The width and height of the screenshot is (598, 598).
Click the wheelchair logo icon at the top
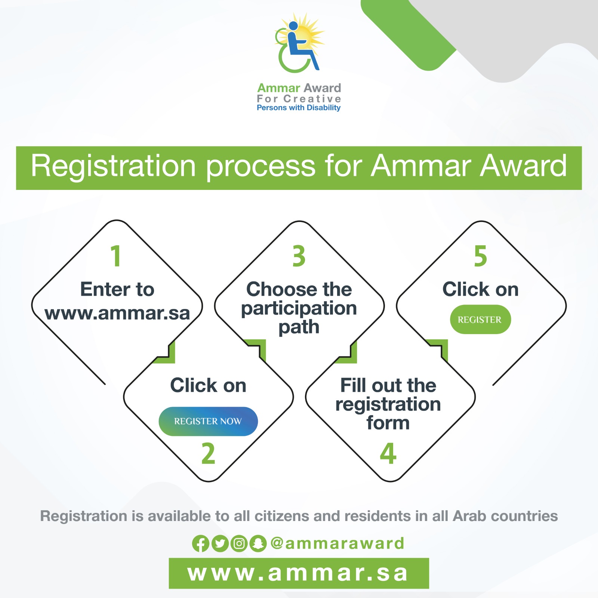tap(299, 43)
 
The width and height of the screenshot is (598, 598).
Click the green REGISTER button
tap(480, 320)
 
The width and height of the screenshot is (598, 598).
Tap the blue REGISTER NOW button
tap(208, 421)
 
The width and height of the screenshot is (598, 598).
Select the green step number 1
tap(116, 256)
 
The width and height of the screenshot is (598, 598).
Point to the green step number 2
tap(208, 453)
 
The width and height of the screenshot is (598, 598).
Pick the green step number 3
tap(299, 256)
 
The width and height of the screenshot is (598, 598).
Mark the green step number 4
tap(388, 453)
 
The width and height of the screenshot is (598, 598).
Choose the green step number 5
tap(481, 256)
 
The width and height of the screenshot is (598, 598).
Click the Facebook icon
tap(201, 543)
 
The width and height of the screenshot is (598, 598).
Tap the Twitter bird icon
tap(220, 543)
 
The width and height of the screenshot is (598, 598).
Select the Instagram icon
tap(239, 543)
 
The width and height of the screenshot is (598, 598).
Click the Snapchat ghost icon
tap(258, 543)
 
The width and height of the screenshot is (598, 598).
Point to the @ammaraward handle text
tap(337, 543)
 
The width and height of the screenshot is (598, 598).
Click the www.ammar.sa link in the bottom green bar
tap(298, 573)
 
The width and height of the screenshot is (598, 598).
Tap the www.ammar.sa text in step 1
tap(117, 313)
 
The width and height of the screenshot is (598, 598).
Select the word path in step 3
tap(299, 328)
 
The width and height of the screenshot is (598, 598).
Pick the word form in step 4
tap(388, 423)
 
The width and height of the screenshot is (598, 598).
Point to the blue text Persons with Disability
tap(299, 108)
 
